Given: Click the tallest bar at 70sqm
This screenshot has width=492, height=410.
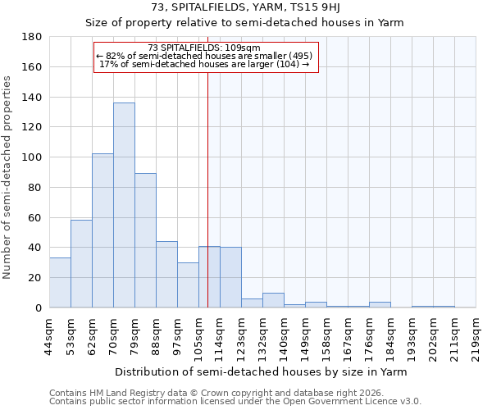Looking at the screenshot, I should [124, 205].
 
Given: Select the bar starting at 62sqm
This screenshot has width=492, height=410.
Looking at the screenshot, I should [102, 230].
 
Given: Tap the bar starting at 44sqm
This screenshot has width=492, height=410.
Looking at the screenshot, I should [60, 282].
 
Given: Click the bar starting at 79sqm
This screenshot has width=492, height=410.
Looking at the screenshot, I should [145, 240].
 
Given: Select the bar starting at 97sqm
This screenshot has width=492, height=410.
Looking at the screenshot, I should [188, 285].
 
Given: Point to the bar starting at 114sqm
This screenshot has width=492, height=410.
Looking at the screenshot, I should [230, 277].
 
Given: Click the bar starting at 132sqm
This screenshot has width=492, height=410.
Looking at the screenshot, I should [273, 300].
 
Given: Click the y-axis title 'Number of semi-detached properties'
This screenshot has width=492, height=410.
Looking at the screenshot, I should [8, 177].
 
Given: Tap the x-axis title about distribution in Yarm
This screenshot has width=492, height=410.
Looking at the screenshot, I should [262, 371].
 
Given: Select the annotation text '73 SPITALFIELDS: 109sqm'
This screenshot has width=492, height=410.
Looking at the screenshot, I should [204, 48].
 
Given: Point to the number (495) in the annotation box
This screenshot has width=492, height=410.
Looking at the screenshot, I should [298, 56].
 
